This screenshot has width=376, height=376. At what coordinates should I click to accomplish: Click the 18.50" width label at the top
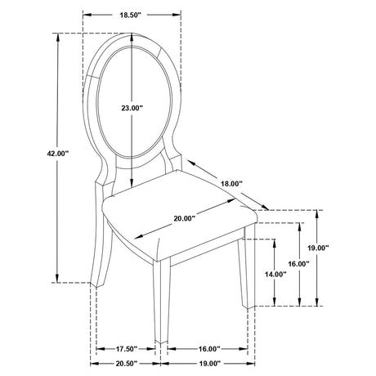pos(130,15)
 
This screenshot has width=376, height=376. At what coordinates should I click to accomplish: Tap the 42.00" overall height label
pos(57,154)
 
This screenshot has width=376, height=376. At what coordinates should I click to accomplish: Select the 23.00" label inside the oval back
pos(132,108)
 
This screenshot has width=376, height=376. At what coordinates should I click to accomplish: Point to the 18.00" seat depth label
pos(231,184)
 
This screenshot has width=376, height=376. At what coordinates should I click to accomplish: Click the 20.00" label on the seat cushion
pos(185,218)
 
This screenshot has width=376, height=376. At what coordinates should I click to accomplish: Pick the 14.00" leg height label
pos(275,275)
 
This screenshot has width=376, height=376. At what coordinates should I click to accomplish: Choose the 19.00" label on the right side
pos(318,248)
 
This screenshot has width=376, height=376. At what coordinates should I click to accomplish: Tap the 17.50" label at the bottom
pos(127,349)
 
